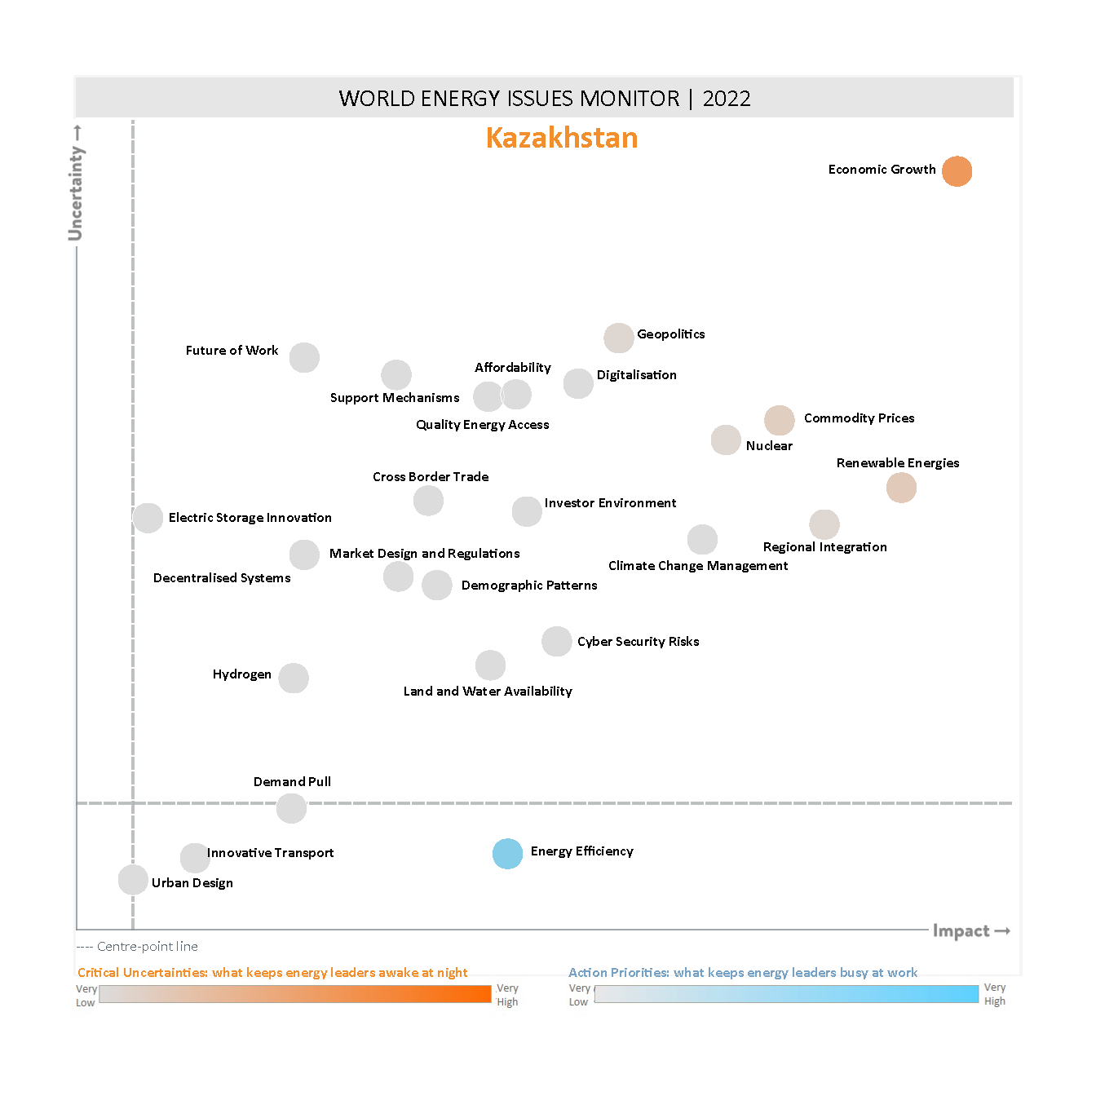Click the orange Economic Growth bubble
point(957,171)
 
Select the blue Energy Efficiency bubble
point(507,854)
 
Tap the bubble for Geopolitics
point(619,338)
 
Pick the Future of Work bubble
point(304,357)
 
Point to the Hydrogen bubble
point(294,678)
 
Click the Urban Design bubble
point(133,880)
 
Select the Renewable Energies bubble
point(901,488)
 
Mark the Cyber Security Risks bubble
point(556,641)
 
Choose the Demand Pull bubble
point(291,808)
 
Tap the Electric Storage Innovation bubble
point(148,518)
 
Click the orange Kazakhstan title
point(562,138)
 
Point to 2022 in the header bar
point(727,99)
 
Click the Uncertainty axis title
point(76,193)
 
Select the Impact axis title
point(961,931)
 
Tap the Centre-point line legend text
point(147,947)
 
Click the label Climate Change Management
point(698,566)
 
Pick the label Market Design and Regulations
point(424,554)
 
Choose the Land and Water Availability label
point(488,692)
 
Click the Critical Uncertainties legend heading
point(272,972)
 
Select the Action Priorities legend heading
point(743,972)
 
